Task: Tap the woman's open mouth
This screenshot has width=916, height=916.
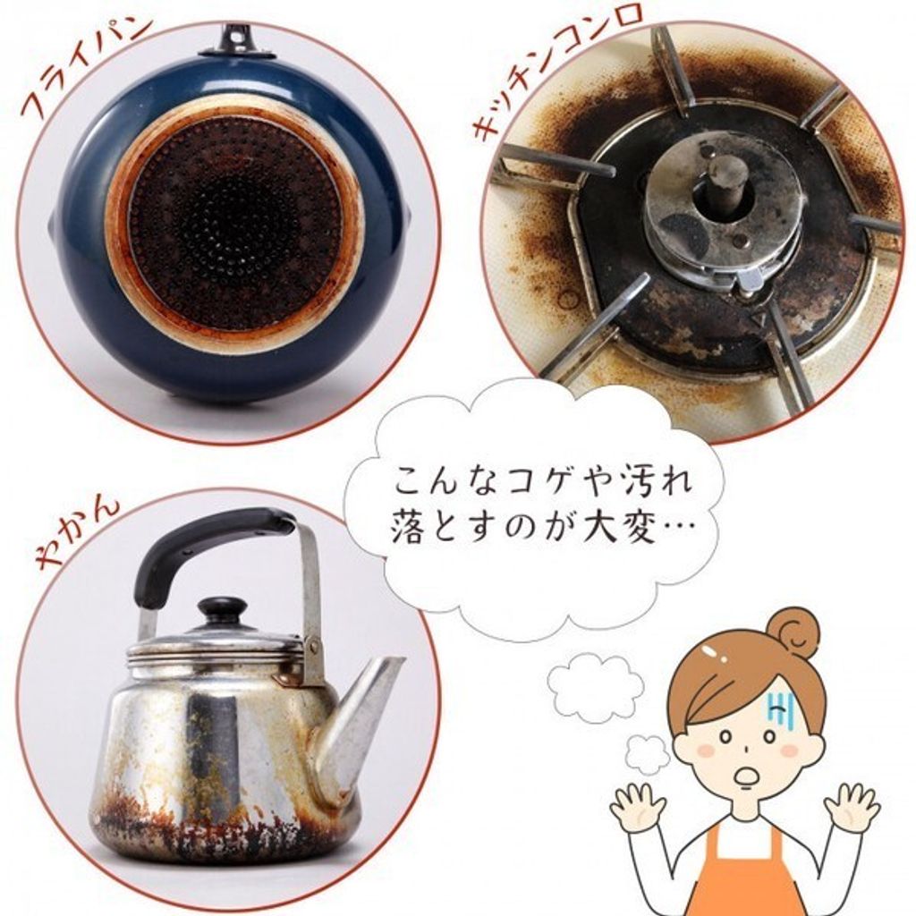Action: [x=746, y=776]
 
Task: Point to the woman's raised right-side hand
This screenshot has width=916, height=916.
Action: [x=852, y=805]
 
